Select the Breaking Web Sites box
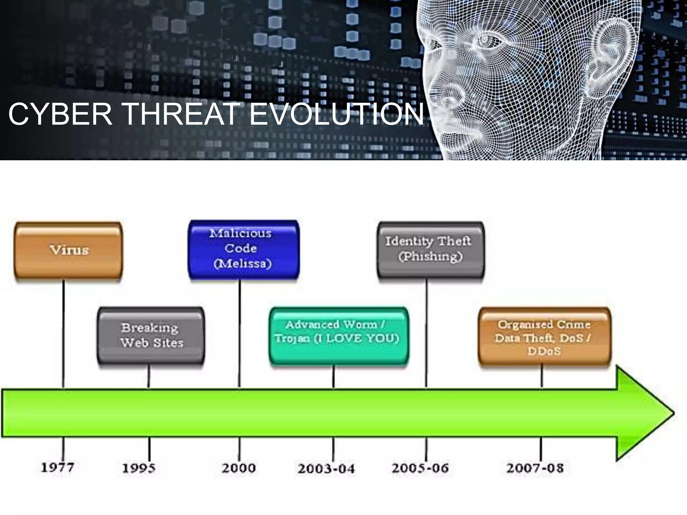point(151,335)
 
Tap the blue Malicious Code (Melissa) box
point(244,249)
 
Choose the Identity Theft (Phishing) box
point(431,249)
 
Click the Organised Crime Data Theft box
point(544,337)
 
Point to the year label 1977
point(57,467)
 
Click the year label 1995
point(139,468)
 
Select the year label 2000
point(239,468)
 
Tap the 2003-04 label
point(326,469)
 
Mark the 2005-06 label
point(420,468)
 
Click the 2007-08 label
point(535,468)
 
